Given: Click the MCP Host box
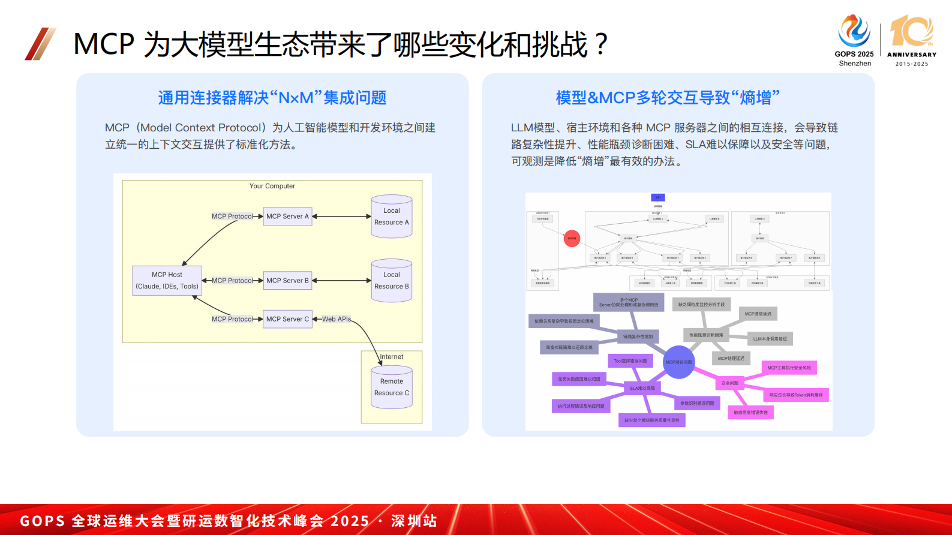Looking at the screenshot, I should click(x=167, y=281).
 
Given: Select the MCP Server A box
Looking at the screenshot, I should click(x=288, y=217).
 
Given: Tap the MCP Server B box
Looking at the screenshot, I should click(x=288, y=281).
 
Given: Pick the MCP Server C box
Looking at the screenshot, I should click(x=288, y=319).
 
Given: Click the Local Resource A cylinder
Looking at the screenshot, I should click(x=392, y=217).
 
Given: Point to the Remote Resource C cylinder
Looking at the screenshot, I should click(x=392, y=387).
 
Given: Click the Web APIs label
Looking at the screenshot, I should click(x=337, y=319).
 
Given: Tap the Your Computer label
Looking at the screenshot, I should click(x=272, y=186).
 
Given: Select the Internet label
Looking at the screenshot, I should click(x=392, y=357).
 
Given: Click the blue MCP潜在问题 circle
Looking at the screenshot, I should click(x=678, y=362).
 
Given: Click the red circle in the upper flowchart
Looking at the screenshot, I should click(x=572, y=239).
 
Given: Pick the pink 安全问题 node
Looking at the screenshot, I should click(x=730, y=383).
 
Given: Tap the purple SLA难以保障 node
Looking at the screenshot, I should click(x=642, y=388).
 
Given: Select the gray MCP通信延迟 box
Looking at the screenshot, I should click(x=758, y=314).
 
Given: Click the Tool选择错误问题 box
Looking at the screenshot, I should click(x=630, y=361).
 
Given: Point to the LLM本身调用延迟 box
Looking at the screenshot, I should click(x=770, y=339).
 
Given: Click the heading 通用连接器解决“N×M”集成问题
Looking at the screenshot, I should click(x=272, y=98).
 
